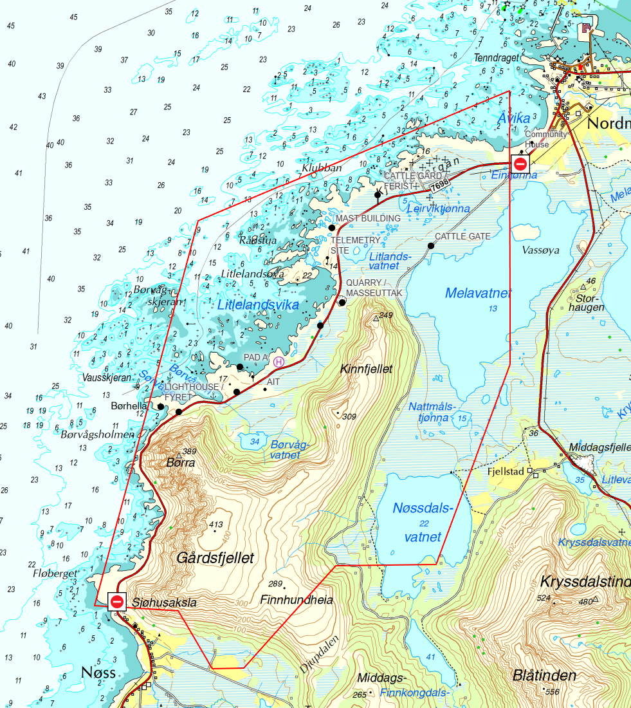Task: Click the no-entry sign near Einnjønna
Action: click(x=520, y=164)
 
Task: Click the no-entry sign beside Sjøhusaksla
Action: click(x=117, y=602)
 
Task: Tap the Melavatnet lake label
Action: click(x=479, y=293)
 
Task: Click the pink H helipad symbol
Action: click(x=279, y=362)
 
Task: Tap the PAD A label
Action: click(x=255, y=357)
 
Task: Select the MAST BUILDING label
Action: click(x=368, y=218)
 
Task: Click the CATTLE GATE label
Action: click(x=462, y=237)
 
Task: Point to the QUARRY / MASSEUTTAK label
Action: click(x=374, y=288)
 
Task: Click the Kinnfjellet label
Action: click(x=366, y=369)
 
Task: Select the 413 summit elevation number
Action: click(x=217, y=525)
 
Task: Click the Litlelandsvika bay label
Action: click(x=258, y=305)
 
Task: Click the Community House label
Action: click(x=546, y=139)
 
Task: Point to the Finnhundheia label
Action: click(x=297, y=600)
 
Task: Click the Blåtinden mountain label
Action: click(x=544, y=675)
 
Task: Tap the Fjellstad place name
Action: click(x=507, y=471)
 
